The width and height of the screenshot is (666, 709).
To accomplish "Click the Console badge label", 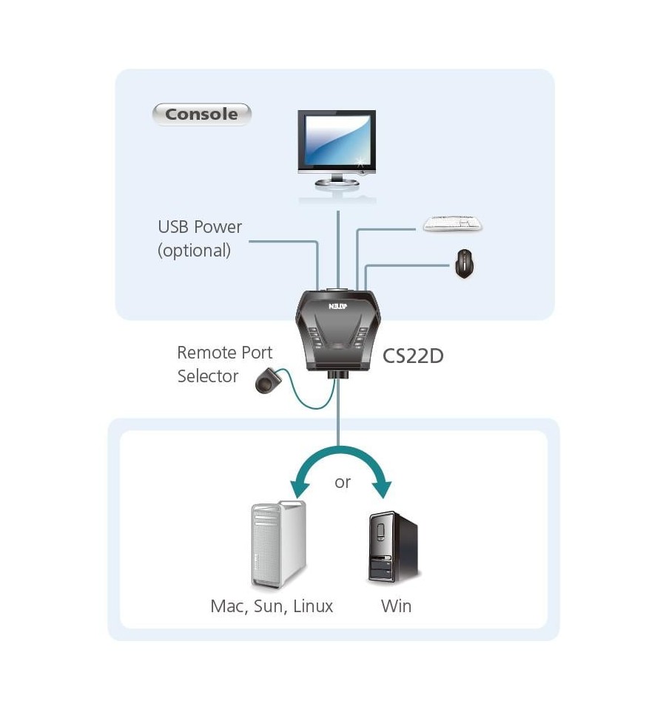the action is click(x=201, y=115).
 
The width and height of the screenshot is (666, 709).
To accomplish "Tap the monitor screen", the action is click(x=337, y=140).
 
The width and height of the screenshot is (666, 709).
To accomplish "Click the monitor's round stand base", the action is click(x=337, y=183).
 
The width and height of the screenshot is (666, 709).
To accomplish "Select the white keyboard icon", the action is click(x=452, y=223).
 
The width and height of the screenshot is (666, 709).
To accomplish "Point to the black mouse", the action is click(x=464, y=264).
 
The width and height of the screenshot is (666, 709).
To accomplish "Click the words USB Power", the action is click(x=200, y=227).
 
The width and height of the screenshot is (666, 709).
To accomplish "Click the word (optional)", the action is click(x=194, y=251).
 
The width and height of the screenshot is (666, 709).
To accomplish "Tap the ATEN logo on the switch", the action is click(x=337, y=307).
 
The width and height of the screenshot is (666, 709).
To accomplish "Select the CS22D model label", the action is click(x=413, y=356).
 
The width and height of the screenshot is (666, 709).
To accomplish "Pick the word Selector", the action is click(x=208, y=376).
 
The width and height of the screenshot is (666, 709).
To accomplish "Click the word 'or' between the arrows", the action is click(x=343, y=483).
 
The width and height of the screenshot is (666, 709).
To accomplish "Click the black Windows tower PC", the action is click(x=393, y=546).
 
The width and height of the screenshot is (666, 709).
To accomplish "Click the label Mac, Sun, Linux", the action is click(x=272, y=606).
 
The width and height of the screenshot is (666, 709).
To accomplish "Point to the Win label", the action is click(x=397, y=606).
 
